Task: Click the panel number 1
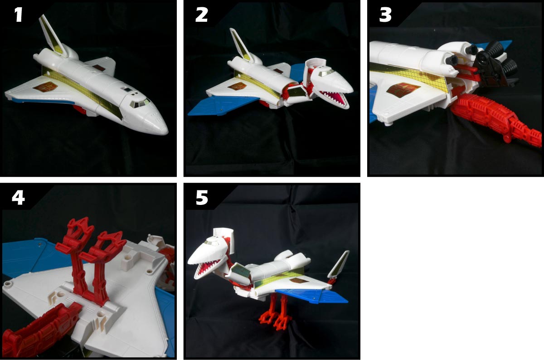coord(19,15)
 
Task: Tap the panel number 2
coord(201,15)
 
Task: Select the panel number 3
coord(385,15)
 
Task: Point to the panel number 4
coord(19,197)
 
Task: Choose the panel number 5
coord(202,197)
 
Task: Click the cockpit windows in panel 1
coord(140,103)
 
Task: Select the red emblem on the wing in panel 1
coord(46,86)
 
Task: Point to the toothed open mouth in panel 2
coord(335,98)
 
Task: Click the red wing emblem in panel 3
coord(403,89)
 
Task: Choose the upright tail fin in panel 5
coord(339,265)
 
